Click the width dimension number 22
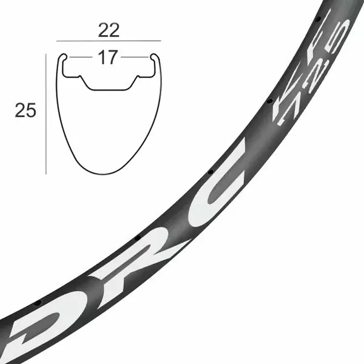109,30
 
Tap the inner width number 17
107,57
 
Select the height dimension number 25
25,110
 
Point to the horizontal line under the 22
109,41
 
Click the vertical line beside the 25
46,114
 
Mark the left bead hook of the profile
62,57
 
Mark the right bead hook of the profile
154,57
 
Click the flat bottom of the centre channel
108,89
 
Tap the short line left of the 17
81,57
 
